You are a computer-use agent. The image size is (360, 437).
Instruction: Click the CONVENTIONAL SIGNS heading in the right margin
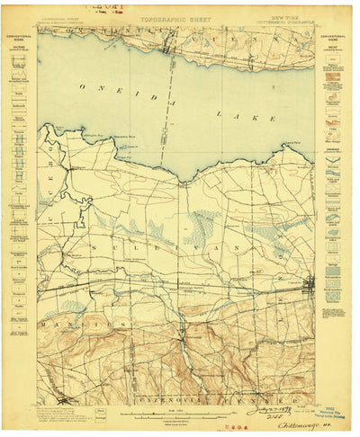pyautogui.click(x=338, y=40)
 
